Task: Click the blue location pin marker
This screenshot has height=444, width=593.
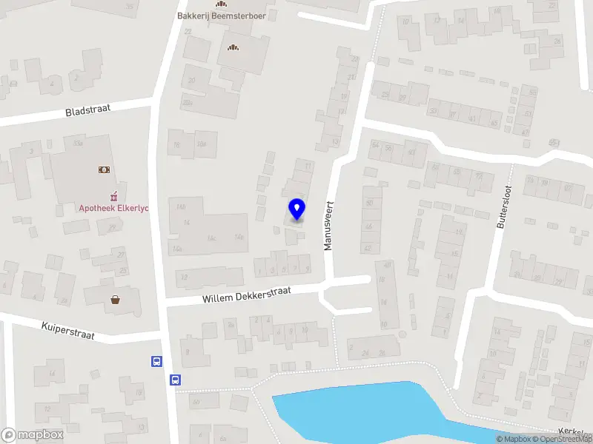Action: (x=296, y=209)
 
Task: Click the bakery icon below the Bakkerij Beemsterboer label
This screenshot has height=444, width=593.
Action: (x=233, y=48)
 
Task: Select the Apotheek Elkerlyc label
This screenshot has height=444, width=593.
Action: (x=114, y=208)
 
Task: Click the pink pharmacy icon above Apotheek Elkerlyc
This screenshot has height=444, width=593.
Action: (x=114, y=195)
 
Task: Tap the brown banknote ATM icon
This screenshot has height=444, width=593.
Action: (x=104, y=169)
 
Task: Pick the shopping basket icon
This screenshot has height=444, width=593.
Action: (x=116, y=300)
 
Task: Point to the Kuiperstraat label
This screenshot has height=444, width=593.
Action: (x=68, y=330)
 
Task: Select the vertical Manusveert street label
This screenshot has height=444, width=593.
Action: (x=329, y=225)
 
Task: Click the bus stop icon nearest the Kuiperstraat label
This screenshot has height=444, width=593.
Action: (x=156, y=361)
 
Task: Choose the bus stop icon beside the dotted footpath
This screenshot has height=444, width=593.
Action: (x=176, y=380)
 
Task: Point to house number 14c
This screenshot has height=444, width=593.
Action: (x=211, y=238)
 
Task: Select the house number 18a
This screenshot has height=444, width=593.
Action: (x=201, y=145)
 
